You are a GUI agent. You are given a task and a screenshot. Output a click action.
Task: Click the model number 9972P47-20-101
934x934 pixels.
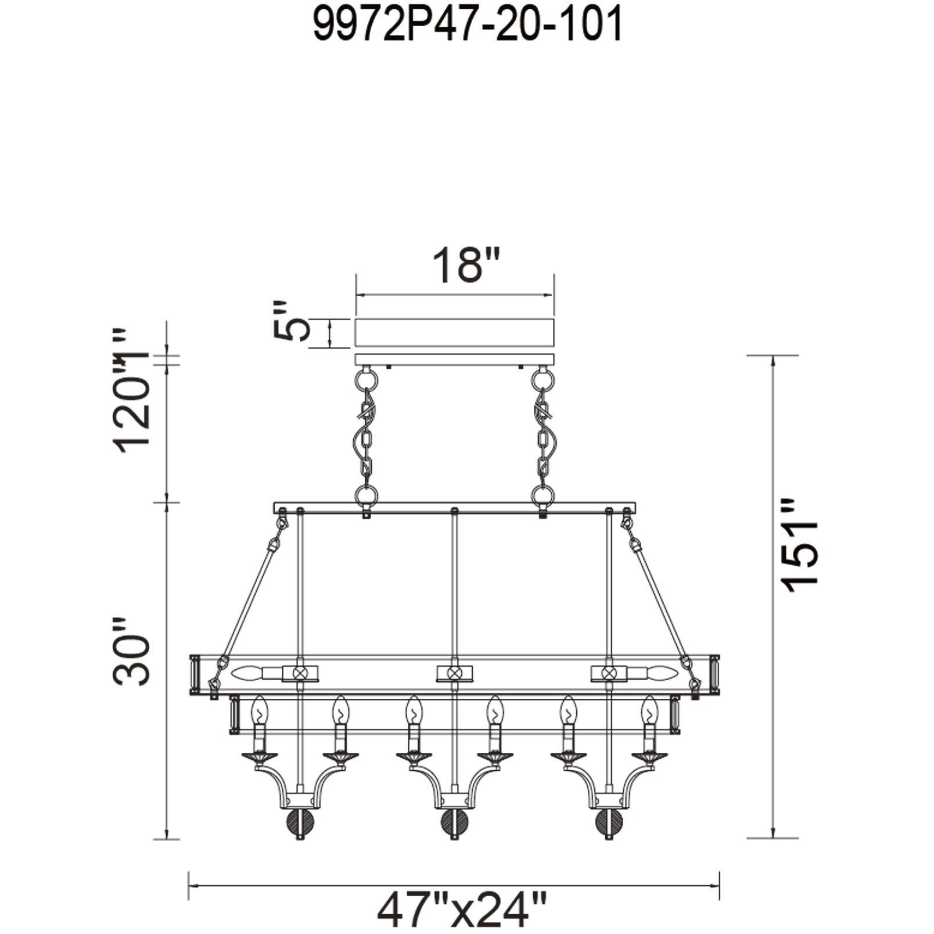click(x=468, y=25)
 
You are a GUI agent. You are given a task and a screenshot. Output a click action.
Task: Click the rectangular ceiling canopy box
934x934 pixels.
click(x=455, y=333)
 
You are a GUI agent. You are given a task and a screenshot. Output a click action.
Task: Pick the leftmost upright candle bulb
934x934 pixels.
click(x=259, y=710)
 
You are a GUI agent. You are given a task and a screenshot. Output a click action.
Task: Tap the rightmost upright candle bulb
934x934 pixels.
click(x=649, y=710)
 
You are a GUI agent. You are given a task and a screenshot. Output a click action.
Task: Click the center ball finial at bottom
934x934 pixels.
click(x=454, y=822)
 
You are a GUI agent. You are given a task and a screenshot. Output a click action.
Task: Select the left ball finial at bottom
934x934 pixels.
click(x=300, y=822)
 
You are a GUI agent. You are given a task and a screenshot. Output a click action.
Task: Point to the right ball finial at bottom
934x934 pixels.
click(x=609, y=822)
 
